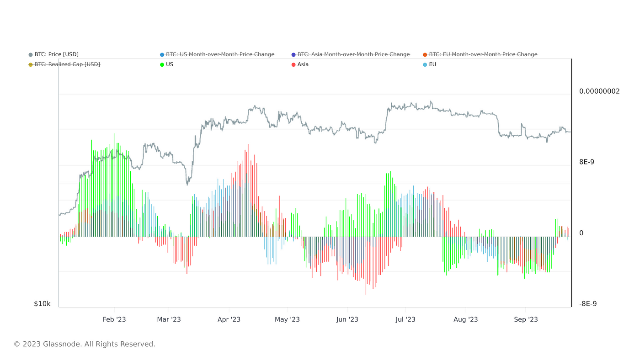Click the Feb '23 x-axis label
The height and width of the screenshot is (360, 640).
coord(114,319)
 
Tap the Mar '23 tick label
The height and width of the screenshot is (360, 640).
coord(169,319)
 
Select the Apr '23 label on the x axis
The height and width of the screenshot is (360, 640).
coord(229,319)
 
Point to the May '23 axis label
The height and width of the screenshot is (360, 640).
coord(287,319)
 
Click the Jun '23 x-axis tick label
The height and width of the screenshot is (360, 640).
coord(347,319)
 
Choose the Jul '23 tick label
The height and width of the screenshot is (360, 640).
coord(405,319)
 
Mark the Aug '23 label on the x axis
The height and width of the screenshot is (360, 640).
coord(466,319)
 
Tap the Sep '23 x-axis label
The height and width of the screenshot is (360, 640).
coord(526,319)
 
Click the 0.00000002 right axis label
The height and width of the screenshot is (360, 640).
coord(599,91)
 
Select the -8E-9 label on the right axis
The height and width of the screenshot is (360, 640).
coord(588,304)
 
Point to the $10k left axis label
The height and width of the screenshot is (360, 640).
coord(42,304)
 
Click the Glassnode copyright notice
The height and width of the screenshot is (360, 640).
coord(85,344)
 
